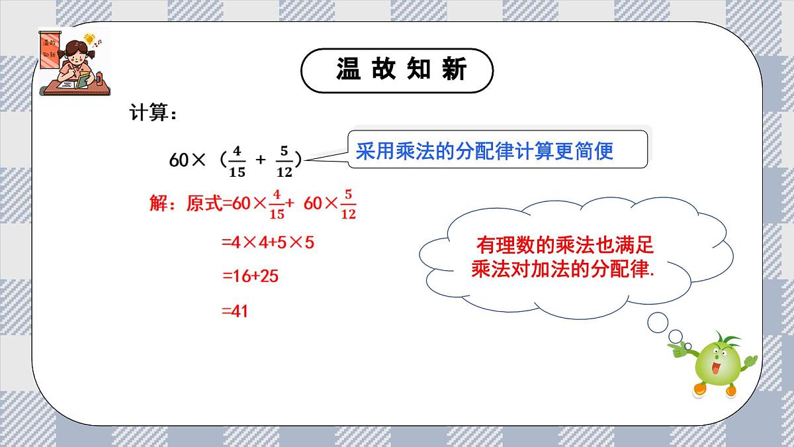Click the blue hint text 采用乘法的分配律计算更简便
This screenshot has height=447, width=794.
click(484, 150)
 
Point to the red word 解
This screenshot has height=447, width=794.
click(159, 203)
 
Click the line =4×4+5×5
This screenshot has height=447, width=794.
click(267, 242)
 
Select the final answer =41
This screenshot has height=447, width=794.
click(235, 310)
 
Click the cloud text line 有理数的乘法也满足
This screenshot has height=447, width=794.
click(564, 246)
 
